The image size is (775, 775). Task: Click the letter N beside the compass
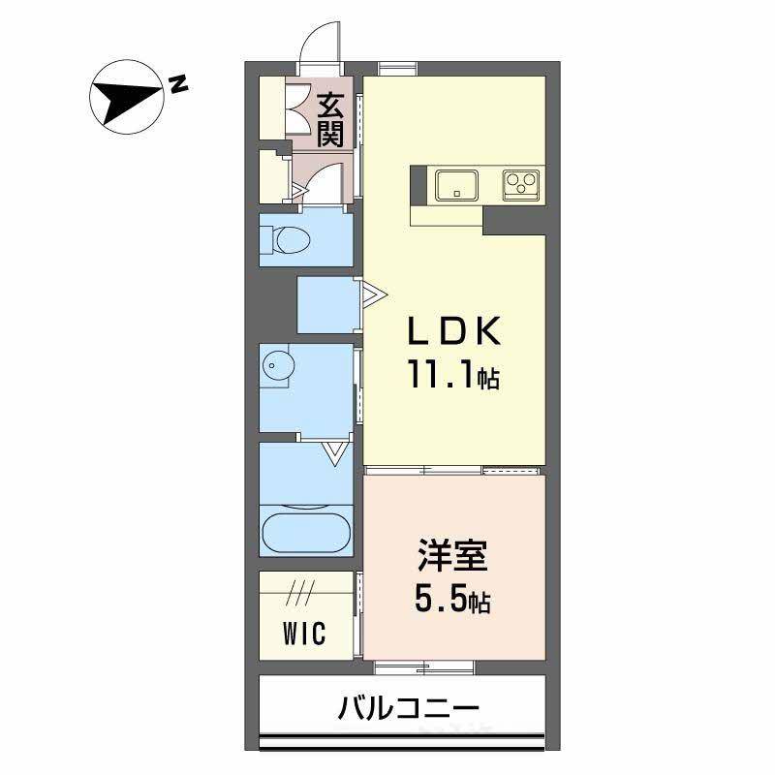point(177,84)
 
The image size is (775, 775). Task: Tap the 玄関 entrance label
point(329,116)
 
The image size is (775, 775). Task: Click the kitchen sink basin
point(455,183)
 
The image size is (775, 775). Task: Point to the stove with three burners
point(521,182)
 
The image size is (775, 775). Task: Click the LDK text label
point(453,332)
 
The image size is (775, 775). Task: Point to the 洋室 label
point(452,559)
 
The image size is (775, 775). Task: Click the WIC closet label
point(304,635)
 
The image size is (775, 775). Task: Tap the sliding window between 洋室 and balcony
point(423,666)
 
